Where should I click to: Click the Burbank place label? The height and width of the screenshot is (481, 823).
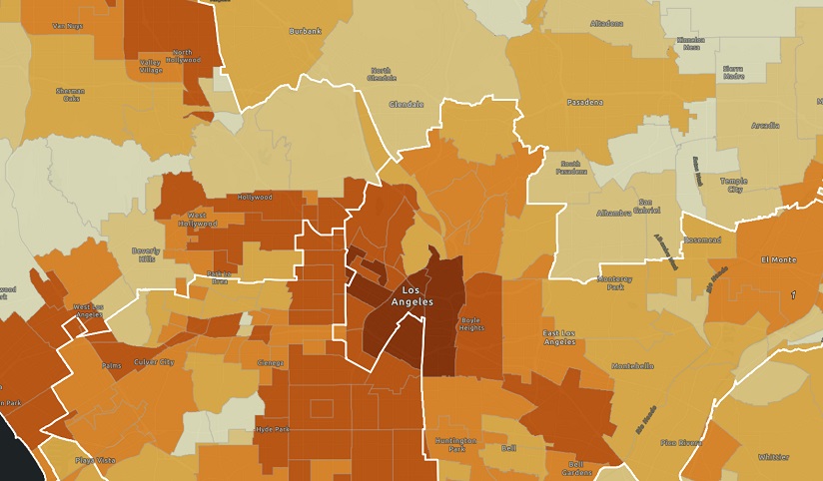305,31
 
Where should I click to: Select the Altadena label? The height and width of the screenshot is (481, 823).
606,22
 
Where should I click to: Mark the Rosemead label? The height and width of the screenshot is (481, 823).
702,240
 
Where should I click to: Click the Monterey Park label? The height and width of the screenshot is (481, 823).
615,282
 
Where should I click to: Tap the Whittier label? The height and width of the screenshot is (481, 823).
772,456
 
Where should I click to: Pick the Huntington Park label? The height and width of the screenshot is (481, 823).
455,444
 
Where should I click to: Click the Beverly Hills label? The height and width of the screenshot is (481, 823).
144,254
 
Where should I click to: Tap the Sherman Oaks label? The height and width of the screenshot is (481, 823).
71,95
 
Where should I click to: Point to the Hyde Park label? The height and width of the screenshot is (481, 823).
271,428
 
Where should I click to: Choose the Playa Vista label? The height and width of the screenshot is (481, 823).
96,460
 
